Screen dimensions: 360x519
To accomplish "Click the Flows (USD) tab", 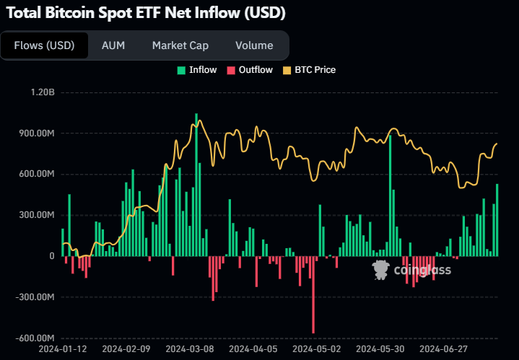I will (44, 45).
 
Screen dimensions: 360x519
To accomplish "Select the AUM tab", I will (113, 45).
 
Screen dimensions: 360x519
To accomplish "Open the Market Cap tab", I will (180, 45).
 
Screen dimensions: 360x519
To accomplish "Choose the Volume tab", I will (254, 45).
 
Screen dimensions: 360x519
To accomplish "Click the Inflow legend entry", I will (196, 70).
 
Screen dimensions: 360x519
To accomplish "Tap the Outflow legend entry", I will (250, 70).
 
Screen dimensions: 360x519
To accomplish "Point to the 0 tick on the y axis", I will (51, 256).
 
